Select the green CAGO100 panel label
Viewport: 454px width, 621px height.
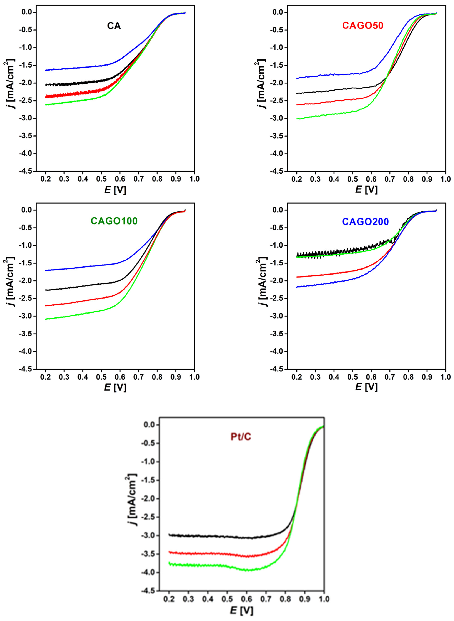[x=114, y=221]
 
